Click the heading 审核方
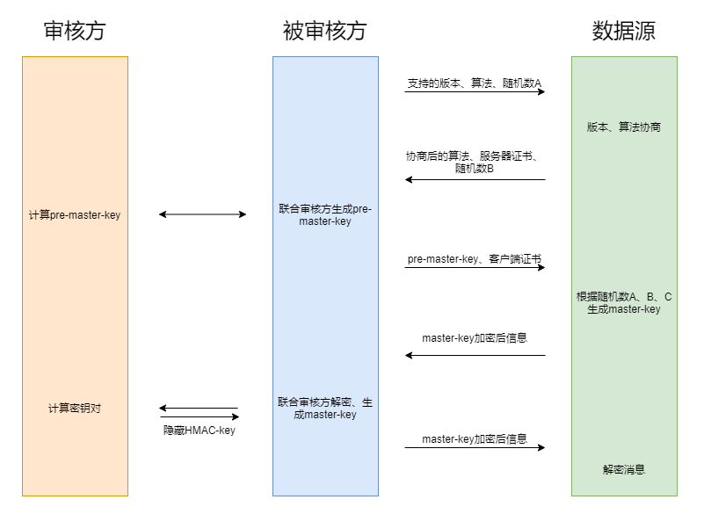tap(75, 31)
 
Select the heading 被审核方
tap(324, 31)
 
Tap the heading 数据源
tap(623, 31)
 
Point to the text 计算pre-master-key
tap(75, 214)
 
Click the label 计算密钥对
tap(75, 409)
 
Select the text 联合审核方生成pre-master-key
tap(325, 215)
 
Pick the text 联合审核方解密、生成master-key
tap(325, 408)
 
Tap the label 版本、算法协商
tap(624, 127)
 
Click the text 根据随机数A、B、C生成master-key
tap(624, 302)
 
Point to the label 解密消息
tap(624, 469)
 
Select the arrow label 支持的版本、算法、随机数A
tap(475, 83)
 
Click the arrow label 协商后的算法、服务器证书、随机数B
tap(475, 162)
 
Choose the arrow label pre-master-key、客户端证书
tap(475, 259)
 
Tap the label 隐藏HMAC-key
tap(200, 431)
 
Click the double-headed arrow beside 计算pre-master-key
tap(202, 214)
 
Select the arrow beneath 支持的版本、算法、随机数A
tap(475, 91)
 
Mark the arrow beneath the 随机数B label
tap(475, 179)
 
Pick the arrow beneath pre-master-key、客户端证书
tap(475, 268)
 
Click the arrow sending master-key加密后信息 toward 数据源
tap(475, 447)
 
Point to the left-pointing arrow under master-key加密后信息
tap(475, 355)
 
